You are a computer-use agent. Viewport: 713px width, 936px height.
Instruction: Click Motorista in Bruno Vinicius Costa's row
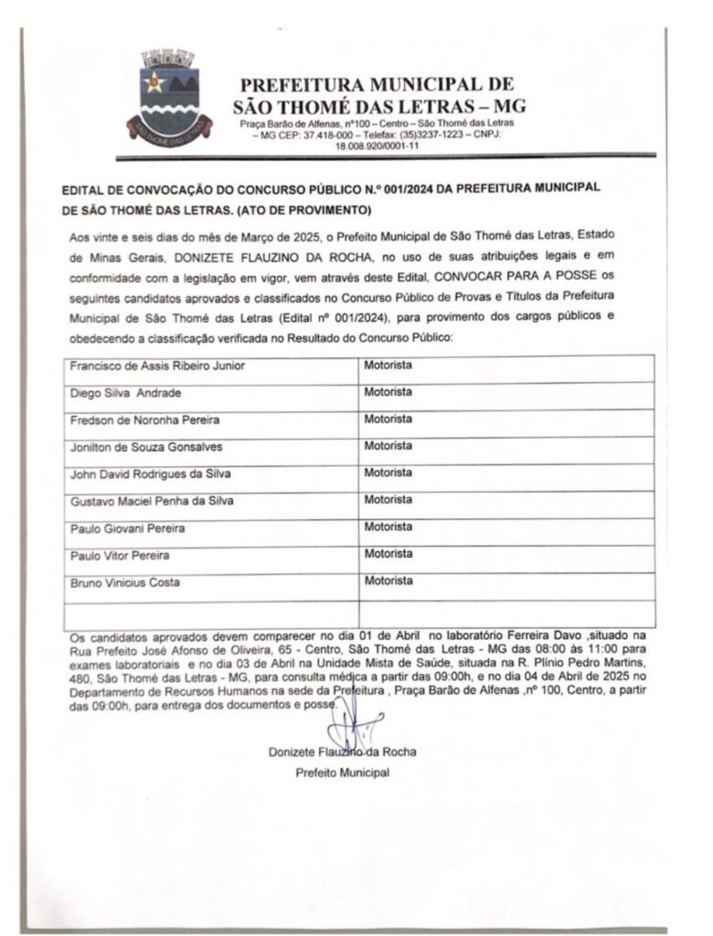pyautogui.click(x=388, y=580)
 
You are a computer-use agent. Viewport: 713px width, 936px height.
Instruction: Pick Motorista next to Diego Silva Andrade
pyautogui.click(x=388, y=392)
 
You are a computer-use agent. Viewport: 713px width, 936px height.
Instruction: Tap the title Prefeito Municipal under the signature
pyautogui.click(x=343, y=773)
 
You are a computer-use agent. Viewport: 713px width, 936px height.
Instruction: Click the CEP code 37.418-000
pyautogui.click(x=308, y=134)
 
